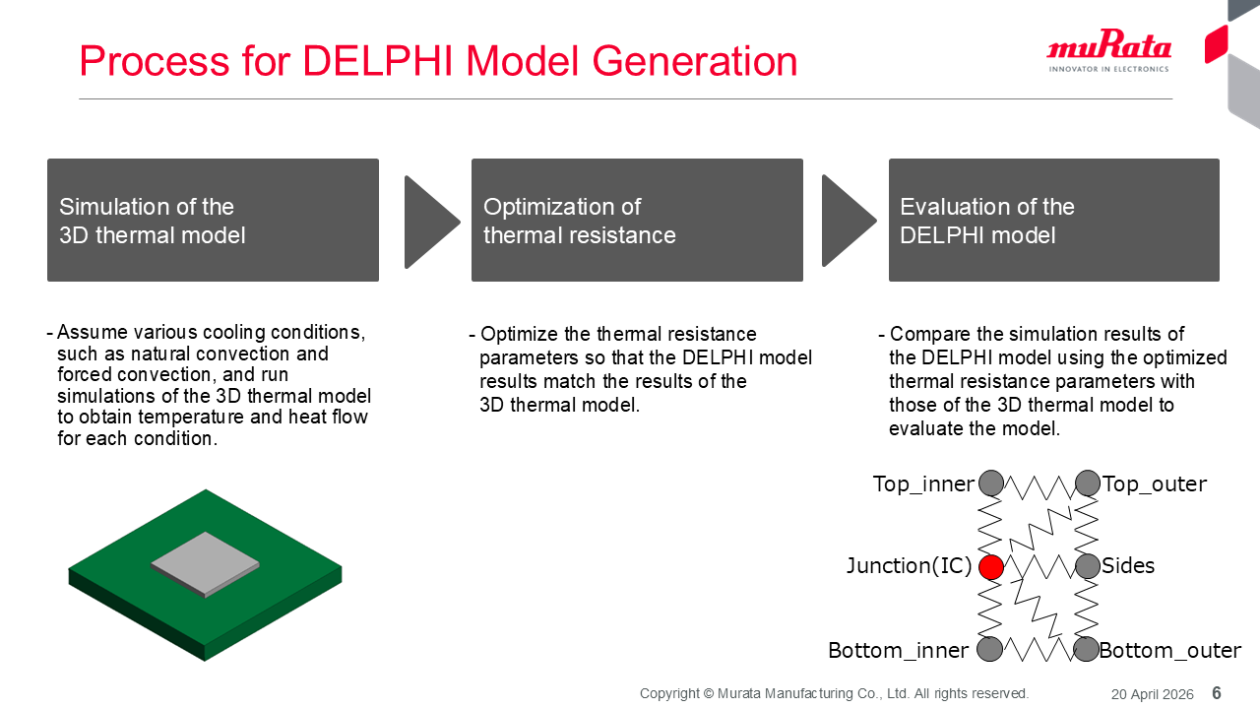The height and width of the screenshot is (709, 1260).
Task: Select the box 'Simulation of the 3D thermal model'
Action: click(x=213, y=221)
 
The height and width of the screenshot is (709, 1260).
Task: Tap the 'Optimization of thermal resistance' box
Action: click(x=637, y=221)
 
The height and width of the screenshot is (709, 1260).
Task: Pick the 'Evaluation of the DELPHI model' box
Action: click(x=1053, y=221)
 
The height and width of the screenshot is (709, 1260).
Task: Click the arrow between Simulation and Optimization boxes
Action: click(x=429, y=222)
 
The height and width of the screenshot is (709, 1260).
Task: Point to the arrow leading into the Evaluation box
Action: click(x=847, y=222)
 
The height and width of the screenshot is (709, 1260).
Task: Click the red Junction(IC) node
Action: click(x=991, y=567)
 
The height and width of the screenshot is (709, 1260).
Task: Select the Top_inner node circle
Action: click(x=991, y=483)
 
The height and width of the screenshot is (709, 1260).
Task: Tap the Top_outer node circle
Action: click(x=1088, y=483)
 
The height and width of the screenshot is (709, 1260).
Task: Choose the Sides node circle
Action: click(x=1088, y=566)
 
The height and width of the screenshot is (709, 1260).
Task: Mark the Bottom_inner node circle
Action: click(x=990, y=649)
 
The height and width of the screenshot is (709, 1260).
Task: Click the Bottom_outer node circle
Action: click(x=1087, y=649)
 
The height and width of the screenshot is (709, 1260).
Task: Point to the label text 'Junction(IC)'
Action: click(x=909, y=566)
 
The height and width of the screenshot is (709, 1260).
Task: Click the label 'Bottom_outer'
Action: click(x=1170, y=651)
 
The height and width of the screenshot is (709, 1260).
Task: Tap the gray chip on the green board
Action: click(x=205, y=562)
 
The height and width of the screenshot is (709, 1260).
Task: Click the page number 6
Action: click(x=1217, y=693)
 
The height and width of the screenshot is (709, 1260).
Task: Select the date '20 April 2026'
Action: click(x=1152, y=694)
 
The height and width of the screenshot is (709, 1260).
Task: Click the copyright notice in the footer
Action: click(x=834, y=693)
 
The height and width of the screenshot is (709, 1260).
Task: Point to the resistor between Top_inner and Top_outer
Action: click(x=1039, y=484)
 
